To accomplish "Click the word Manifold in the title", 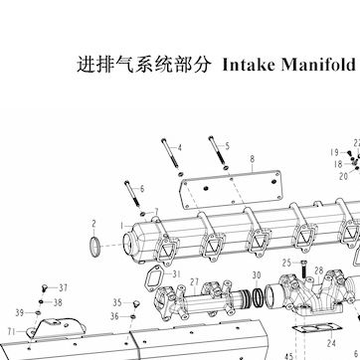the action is (318, 65).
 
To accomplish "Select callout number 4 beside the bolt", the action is (180, 148).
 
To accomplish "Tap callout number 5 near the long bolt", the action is (227, 146).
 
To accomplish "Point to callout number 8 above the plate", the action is (253, 159).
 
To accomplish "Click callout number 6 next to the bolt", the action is (142, 189).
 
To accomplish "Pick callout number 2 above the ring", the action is (93, 224).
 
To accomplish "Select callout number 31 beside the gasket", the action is (176, 274).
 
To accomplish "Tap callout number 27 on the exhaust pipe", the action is (195, 281).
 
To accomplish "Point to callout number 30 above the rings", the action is (257, 275).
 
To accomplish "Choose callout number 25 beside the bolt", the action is (286, 264).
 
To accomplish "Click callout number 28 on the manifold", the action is (319, 270).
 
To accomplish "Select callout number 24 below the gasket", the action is (331, 343).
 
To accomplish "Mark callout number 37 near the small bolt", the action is (63, 288).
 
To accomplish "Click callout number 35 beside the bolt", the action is (117, 302).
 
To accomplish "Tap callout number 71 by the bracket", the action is (12, 331).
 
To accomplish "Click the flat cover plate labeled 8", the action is (231, 190).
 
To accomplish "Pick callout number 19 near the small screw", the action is (334, 152).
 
